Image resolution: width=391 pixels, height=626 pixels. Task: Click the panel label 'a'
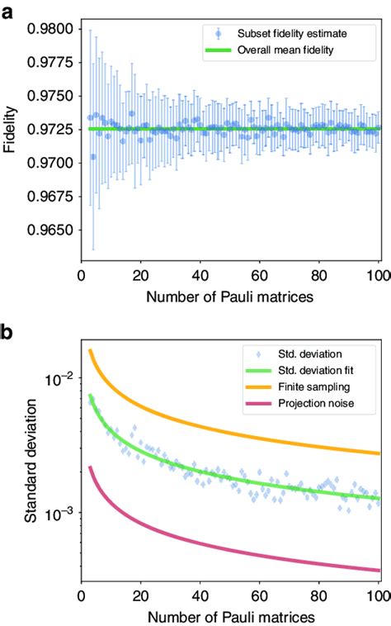point(9,9)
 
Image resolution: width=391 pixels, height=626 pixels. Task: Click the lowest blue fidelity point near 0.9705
point(93,156)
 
